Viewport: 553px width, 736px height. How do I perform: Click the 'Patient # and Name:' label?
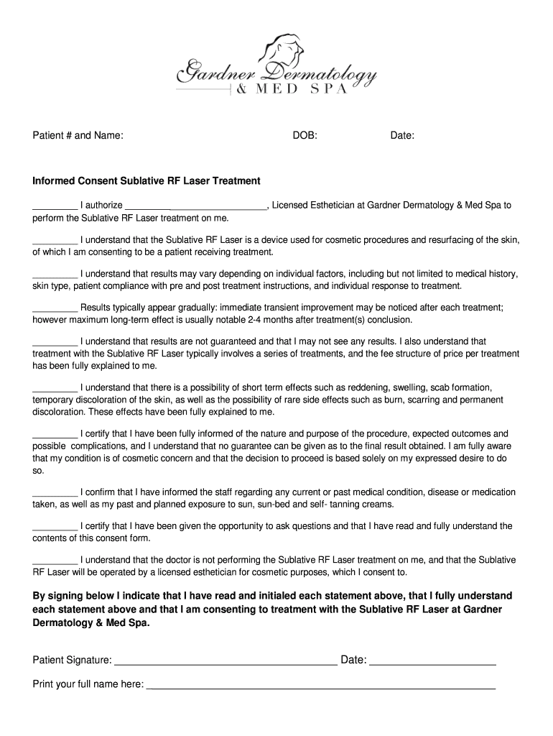tap(78, 135)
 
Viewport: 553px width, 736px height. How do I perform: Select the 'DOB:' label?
tap(305, 135)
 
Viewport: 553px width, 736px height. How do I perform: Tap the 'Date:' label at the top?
tap(402, 135)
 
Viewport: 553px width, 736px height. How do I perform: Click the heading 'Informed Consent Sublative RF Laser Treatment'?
tap(147, 181)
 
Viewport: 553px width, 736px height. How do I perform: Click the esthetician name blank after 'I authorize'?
tap(196, 206)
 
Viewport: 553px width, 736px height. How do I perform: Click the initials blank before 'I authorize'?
tap(55, 206)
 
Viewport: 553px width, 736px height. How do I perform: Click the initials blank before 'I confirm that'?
tap(55, 494)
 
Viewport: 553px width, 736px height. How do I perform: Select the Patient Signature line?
tap(226, 661)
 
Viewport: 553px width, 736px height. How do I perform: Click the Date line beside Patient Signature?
tap(433, 661)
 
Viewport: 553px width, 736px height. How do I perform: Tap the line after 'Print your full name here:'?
tap(320, 685)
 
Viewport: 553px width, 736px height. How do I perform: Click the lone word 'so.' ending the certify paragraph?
tap(39, 471)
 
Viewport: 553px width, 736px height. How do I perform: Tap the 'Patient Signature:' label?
tap(72, 661)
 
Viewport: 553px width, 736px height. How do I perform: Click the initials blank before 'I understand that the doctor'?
tap(55, 561)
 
